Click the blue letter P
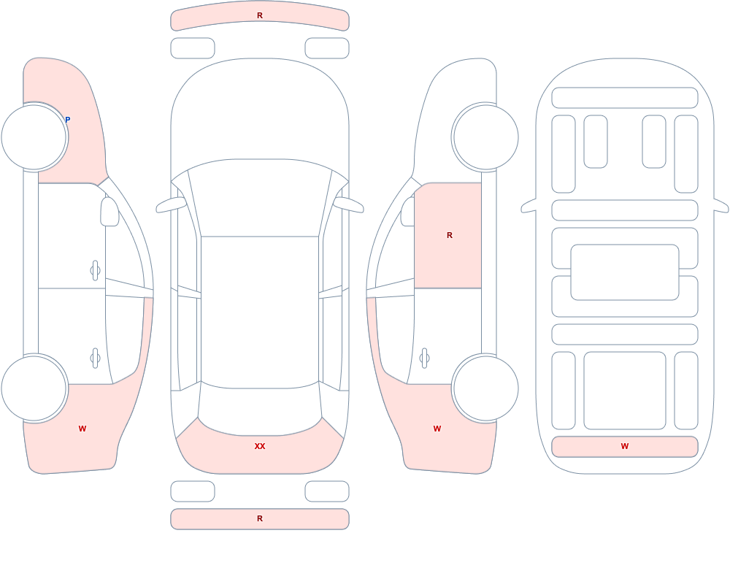tap(67, 120)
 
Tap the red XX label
tap(260, 446)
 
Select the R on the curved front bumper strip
tap(260, 15)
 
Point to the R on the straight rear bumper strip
tap(260, 518)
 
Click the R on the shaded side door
tap(449, 235)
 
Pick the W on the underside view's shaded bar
tap(625, 446)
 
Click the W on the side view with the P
tap(82, 429)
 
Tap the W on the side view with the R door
tap(437, 429)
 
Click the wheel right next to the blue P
tap(34, 137)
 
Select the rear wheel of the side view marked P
tap(34, 388)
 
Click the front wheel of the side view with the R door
tap(485, 137)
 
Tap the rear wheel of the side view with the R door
tap(485, 388)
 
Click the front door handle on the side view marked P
tap(95, 270)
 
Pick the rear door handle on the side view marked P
tap(95, 358)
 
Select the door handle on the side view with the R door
tap(424, 358)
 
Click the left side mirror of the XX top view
tap(171, 205)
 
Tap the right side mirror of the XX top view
tap(349, 205)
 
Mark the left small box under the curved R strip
tap(193, 48)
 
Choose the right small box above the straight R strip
tap(327, 491)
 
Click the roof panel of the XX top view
tap(260, 312)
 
